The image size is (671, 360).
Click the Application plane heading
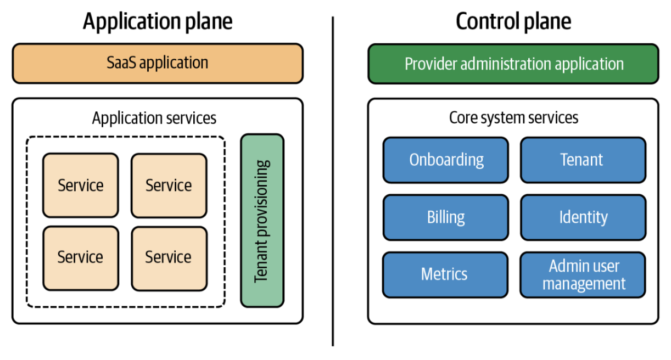coord(158,21)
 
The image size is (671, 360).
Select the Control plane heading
coord(513,21)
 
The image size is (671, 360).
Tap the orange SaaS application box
coord(158,63)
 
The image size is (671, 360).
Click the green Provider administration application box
coord(513,64)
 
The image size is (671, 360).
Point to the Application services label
coord(154,117)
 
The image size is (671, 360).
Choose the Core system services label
coord(513,117)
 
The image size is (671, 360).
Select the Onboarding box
coord(446,160)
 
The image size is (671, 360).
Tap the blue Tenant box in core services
coord(583,160)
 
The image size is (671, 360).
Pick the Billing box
coord(446,217)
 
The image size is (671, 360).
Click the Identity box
coord(583,217)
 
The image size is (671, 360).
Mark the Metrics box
coord(445,274)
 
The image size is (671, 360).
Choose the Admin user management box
coord(583,275)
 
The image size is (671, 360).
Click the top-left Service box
coord(81,185)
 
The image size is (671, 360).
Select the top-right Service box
coord(169,185)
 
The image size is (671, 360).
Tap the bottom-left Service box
coord(81,257)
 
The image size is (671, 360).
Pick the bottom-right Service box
coord(169,257)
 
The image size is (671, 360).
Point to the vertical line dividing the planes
coord(333,181)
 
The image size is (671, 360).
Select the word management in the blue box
coord(584,284)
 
